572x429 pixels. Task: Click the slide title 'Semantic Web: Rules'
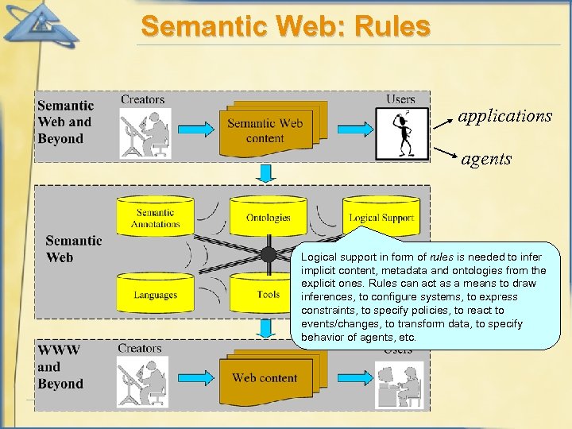[286, 26]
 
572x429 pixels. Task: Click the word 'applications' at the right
[504, 116]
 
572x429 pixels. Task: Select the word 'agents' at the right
[486, 159]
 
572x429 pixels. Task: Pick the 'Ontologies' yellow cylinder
[268, 218]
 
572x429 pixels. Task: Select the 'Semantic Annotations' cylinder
[156, 218]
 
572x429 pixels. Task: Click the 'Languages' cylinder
[156, 294]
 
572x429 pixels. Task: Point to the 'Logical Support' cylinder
[381, 216]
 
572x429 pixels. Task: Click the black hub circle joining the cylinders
[269, 255]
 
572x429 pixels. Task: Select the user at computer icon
[402, 381]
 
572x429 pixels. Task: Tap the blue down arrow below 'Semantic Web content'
[268, 172]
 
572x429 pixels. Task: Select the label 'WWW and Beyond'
[60, 366]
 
